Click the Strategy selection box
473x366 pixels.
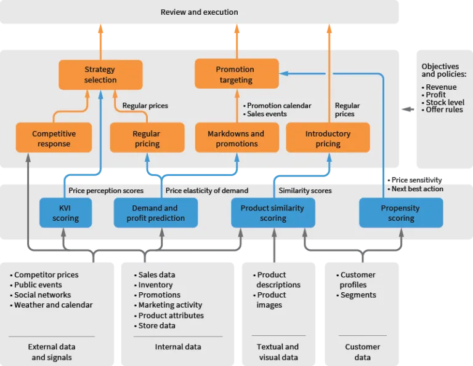(100, 74)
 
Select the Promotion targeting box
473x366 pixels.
(236, 74)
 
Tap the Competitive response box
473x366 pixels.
(54, 138)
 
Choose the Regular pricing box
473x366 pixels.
(147, 138)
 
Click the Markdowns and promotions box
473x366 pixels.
(236, 138)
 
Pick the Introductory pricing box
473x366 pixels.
(328, 138)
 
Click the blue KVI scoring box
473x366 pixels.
(65, 213)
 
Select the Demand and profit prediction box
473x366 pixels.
(155, 213)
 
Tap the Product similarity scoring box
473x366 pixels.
(272, 213)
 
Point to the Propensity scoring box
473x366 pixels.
(400, 213)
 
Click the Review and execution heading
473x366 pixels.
(199, 12)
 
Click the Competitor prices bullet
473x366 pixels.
(46, 275)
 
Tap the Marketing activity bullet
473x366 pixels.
(170, 305)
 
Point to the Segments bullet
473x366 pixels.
(358, 295)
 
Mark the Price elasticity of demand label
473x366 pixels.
(207, 191)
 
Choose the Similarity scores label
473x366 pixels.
(305, 191)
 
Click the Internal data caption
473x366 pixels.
(178, 347)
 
